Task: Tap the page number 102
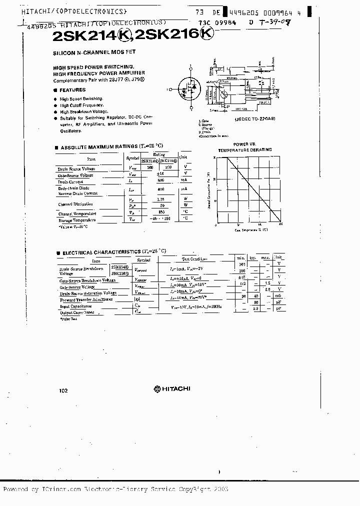tap(63, 391)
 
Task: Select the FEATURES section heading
tap(72, 90)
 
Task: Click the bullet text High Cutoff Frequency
tap(82, 105)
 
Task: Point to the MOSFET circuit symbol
tap(189, 89)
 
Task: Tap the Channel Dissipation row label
tap(75, 204)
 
